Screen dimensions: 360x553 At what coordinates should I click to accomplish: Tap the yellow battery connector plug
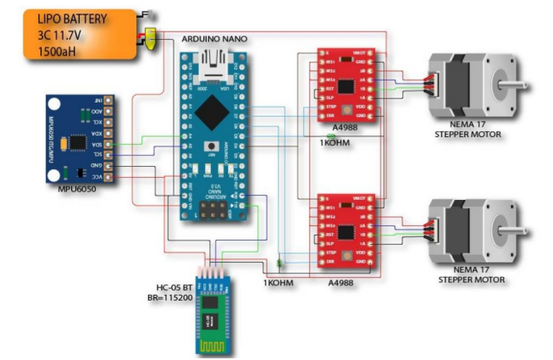coord(150,37)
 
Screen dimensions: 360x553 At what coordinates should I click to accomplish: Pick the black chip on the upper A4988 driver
coord(346,86)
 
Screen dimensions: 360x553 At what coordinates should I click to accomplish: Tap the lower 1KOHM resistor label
coord(277,282)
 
